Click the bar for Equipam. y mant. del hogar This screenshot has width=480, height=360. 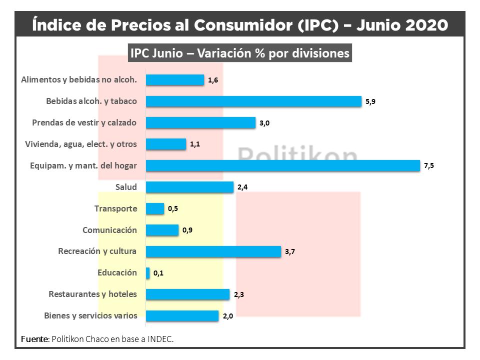[x=282, y=165]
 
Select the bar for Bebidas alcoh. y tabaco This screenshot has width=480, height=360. [x=253, y=101]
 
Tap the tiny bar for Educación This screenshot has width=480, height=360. [x=147, y=273]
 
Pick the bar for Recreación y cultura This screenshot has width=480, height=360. [x=213, y=251]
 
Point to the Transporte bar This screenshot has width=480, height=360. [x=154, y=208]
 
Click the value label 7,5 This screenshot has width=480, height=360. [x=428, y=166]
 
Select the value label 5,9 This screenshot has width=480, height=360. [x=370, y=101]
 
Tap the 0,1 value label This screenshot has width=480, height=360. [x=158, y=273]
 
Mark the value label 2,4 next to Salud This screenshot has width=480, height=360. [x=242, y=187]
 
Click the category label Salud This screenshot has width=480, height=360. [x=126, y=187]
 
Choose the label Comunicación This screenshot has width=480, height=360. [x=109, y=230]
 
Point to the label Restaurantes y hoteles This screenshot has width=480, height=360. [x=92, y=294]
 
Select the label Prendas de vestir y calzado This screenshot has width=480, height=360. [x=84, y=122]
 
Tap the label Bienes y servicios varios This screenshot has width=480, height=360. [x=90, y=315]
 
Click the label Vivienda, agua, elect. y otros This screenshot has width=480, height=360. [x=81, y=144]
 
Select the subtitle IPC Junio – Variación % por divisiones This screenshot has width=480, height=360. [x=240, y=53]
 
